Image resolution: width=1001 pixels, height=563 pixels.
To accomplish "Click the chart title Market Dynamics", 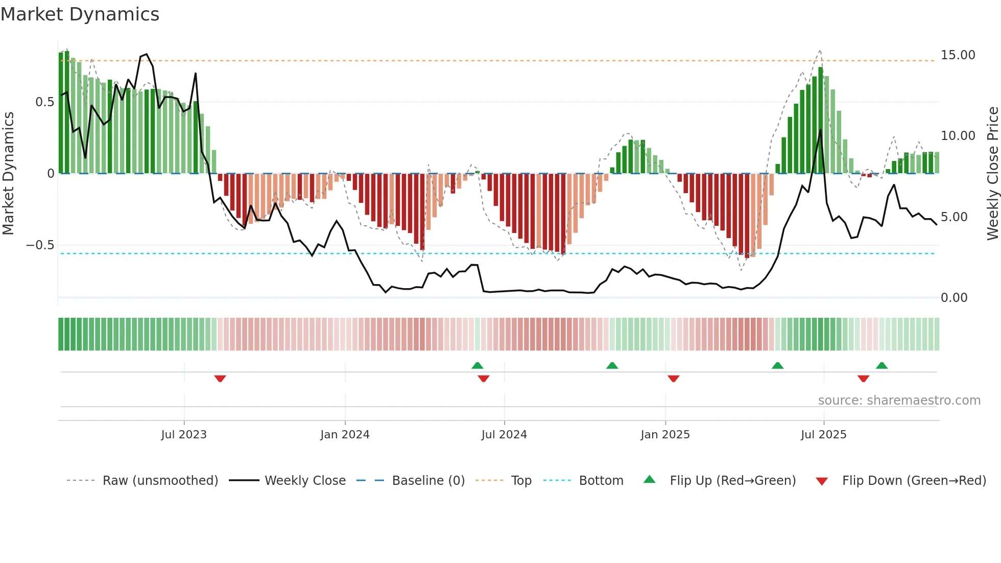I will (x=80, y=14).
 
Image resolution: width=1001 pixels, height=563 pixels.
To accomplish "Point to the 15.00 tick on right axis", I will (x=958, y=55).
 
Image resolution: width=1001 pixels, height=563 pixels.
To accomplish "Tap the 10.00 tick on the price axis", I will (x=958, y=136).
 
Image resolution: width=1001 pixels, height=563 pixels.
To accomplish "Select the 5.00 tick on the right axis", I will (x=954, y=217).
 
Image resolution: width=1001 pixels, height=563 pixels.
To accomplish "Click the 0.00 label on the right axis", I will (x=954, y=298).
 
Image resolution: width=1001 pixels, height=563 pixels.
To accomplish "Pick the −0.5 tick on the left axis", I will (x=40, y=245).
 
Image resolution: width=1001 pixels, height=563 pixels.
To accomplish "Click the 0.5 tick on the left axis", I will (x=44, y=102).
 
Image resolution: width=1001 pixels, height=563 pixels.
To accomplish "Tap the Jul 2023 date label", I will (x=184, y=435).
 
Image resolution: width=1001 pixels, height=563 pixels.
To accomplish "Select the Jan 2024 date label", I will (x=345, y=435).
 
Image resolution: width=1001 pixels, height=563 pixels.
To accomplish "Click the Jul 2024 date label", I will (x=504, y=435).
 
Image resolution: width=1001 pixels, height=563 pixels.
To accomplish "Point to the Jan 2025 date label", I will (x=665, y=435).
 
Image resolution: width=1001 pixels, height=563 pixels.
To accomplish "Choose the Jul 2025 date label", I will (x=823, y=435).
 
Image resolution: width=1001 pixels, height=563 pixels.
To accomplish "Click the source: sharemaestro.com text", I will (x=899, y=401).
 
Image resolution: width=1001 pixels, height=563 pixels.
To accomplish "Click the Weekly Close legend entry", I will (x=305, y=481).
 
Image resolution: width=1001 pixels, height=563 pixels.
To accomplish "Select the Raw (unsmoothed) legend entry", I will (x=160, y=481).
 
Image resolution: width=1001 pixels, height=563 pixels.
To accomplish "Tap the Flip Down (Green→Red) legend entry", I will (x=914, y=481).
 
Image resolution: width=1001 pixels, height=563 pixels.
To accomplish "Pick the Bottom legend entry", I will (x=601, y=481).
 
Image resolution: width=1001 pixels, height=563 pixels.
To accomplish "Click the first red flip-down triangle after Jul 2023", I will (x=220, y=379).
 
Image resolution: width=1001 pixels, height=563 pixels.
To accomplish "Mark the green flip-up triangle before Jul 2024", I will (x=477, y=365).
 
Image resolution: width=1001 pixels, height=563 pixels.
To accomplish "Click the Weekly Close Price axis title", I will (x=992, y=174).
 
